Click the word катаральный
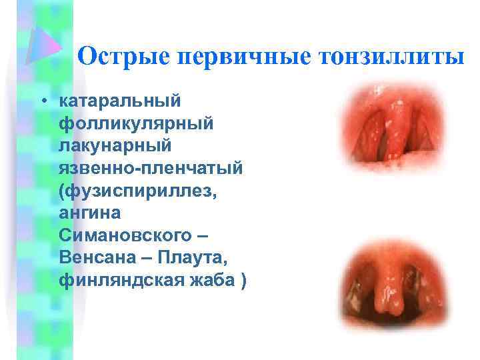[x=120, y=101]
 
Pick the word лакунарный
[x=115, y=145]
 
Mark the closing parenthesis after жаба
[x=242, y=281]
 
